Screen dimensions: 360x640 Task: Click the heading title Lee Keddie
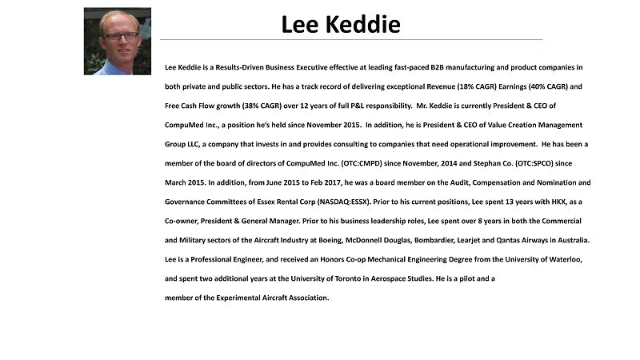[341, 25]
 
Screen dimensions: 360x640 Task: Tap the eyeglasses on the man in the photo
[118, 36]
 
